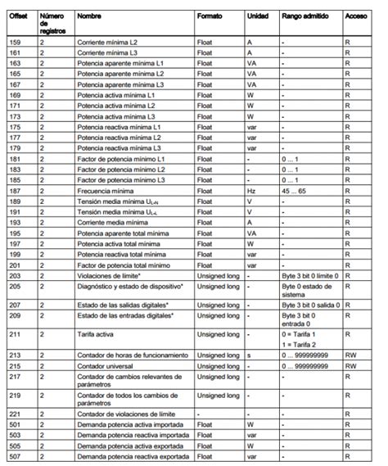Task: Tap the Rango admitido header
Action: tap(304, 16)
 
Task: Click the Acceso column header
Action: tap(356, 16)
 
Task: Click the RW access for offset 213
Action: tap(350, 355)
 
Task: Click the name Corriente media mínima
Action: tap(111, 221)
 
